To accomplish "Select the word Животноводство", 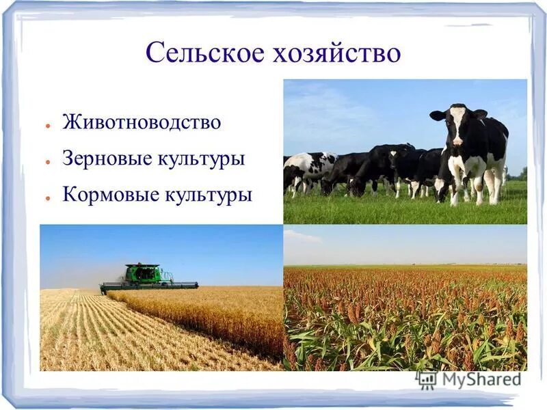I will pyautogui.click(x=142, y=123).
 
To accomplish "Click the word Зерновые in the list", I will pyautogui.click(x=101, y=159).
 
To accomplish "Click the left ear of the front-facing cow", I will pyautogui.click(x=437, y=115).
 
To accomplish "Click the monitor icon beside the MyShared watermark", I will pyautogui.click(x=427, y=380).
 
